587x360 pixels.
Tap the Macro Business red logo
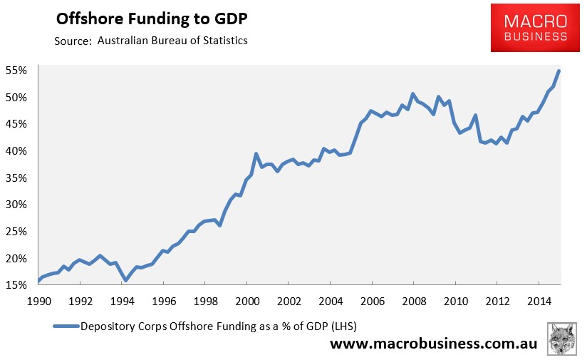click(535, 28)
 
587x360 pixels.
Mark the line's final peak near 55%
click(559, 71)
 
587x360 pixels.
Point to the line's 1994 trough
click(125, 280)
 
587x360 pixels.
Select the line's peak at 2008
click(412, 93)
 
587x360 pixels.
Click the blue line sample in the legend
click(66, 326)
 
